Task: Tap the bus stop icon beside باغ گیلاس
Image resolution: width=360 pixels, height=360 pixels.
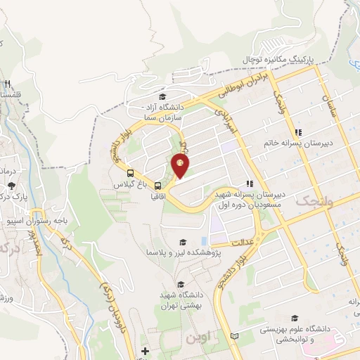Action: (130, 172)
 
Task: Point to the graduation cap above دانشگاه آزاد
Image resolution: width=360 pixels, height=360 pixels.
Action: (162, 97)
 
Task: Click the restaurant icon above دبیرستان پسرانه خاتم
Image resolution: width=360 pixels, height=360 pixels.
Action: (298, 131)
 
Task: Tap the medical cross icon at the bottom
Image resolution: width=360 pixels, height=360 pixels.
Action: (145, 351)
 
